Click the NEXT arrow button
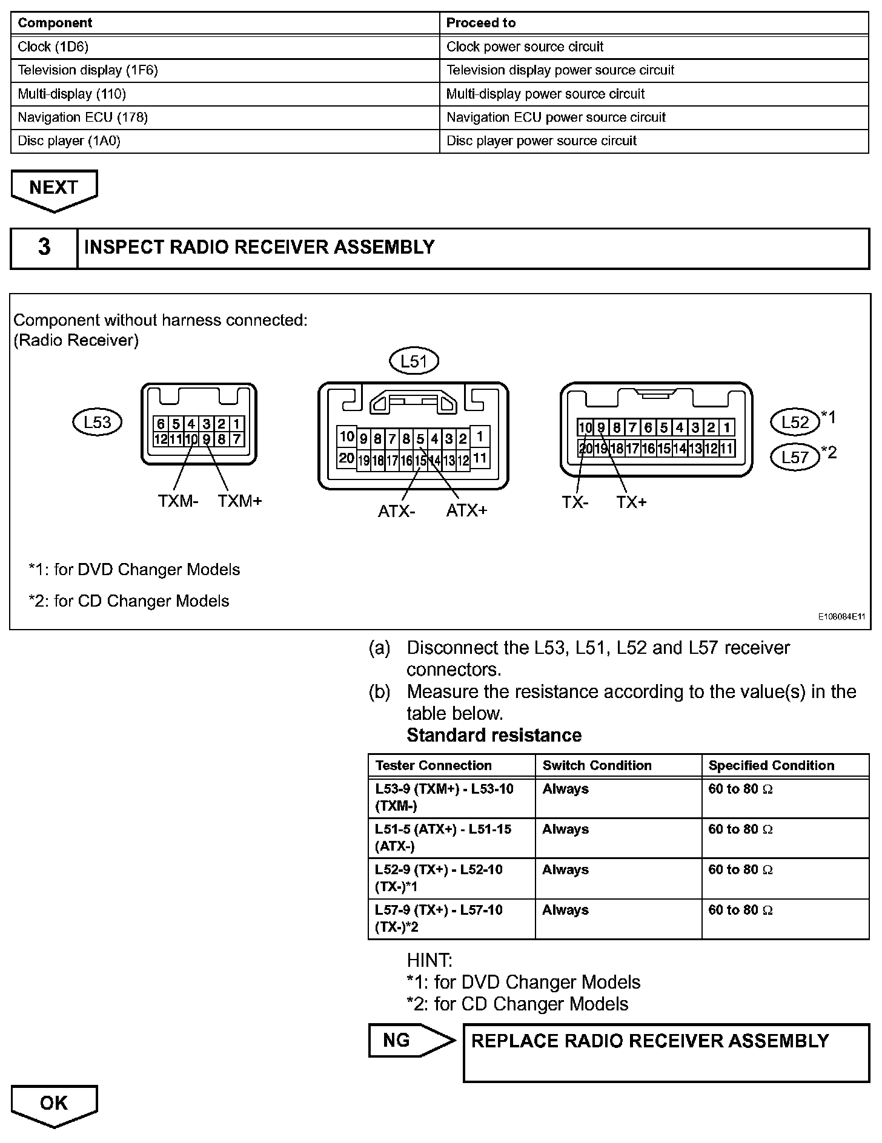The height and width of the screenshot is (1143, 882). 54,189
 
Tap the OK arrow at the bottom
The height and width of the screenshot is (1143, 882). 54,1104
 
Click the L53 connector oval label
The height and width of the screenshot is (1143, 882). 97,422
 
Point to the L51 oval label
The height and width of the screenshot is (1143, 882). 414,361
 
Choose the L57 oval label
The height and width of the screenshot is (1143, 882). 795,456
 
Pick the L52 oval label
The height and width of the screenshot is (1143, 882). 795,422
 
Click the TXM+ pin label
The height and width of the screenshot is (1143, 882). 240,501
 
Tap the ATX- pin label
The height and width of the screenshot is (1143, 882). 397,511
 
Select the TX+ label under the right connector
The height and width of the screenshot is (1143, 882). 631,502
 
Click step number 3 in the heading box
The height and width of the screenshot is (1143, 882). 44,248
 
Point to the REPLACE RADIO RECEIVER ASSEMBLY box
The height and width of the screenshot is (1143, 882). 666,1053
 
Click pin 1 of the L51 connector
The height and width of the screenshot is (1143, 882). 480,436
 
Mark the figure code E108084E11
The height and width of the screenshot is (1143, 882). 841,617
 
